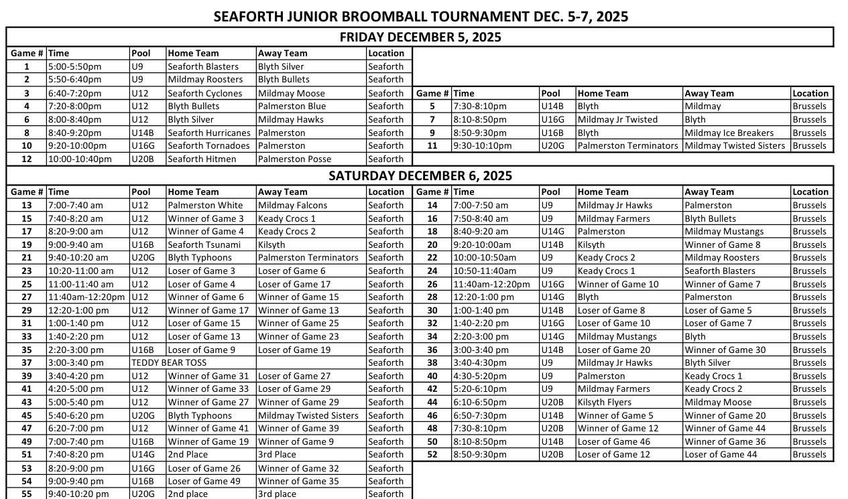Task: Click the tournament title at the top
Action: (420, 17)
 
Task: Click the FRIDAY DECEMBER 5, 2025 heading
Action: (420, 37)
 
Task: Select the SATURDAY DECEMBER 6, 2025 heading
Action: (420, 176)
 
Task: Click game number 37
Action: (27, 363)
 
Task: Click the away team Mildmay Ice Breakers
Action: (729, 133)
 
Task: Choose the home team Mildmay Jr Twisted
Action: (617, 120)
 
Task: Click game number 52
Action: (432, 455)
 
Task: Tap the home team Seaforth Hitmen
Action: (202, 159)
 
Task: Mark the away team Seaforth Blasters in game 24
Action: (720, 271)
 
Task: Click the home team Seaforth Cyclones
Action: (205, 94)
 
